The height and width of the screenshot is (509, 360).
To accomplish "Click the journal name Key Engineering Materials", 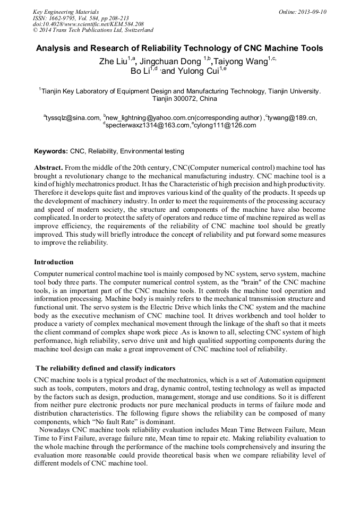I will point(66,12).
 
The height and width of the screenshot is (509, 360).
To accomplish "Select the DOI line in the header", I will point(88,24).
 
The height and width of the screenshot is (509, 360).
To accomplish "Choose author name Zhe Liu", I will point(113,62).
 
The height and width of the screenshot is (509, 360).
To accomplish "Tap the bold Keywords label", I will point(50,151).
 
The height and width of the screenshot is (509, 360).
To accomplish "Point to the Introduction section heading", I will point(54,262).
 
